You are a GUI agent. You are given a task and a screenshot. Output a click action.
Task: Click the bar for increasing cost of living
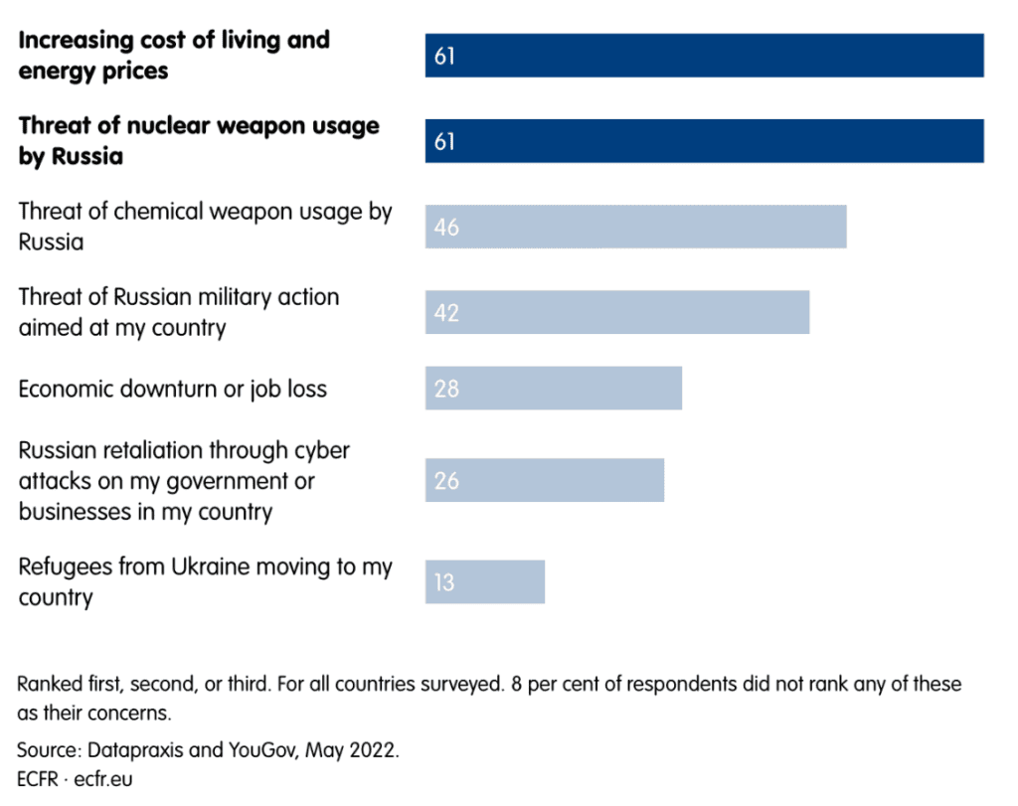(704, 56)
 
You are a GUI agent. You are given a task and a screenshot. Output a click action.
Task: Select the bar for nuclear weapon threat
(704, 141)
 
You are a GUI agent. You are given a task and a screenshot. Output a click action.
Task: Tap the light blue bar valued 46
(635, 227)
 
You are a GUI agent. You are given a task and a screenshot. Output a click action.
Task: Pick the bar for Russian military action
(616, 312)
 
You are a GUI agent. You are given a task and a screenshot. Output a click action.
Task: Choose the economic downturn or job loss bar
(553, 388)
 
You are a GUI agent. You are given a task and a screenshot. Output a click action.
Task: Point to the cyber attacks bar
(544, 480)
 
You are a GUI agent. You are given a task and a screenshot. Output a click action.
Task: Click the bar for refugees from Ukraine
(484, 581)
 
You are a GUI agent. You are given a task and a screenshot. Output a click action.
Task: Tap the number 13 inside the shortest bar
(443, 581)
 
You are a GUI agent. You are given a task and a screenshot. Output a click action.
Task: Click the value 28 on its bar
(446, 389)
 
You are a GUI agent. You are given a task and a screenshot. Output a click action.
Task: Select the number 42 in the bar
(446, 313)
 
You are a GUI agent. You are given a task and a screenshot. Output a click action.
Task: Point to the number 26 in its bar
(446, 481)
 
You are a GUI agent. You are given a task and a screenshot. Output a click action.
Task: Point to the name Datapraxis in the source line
(131, 749)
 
